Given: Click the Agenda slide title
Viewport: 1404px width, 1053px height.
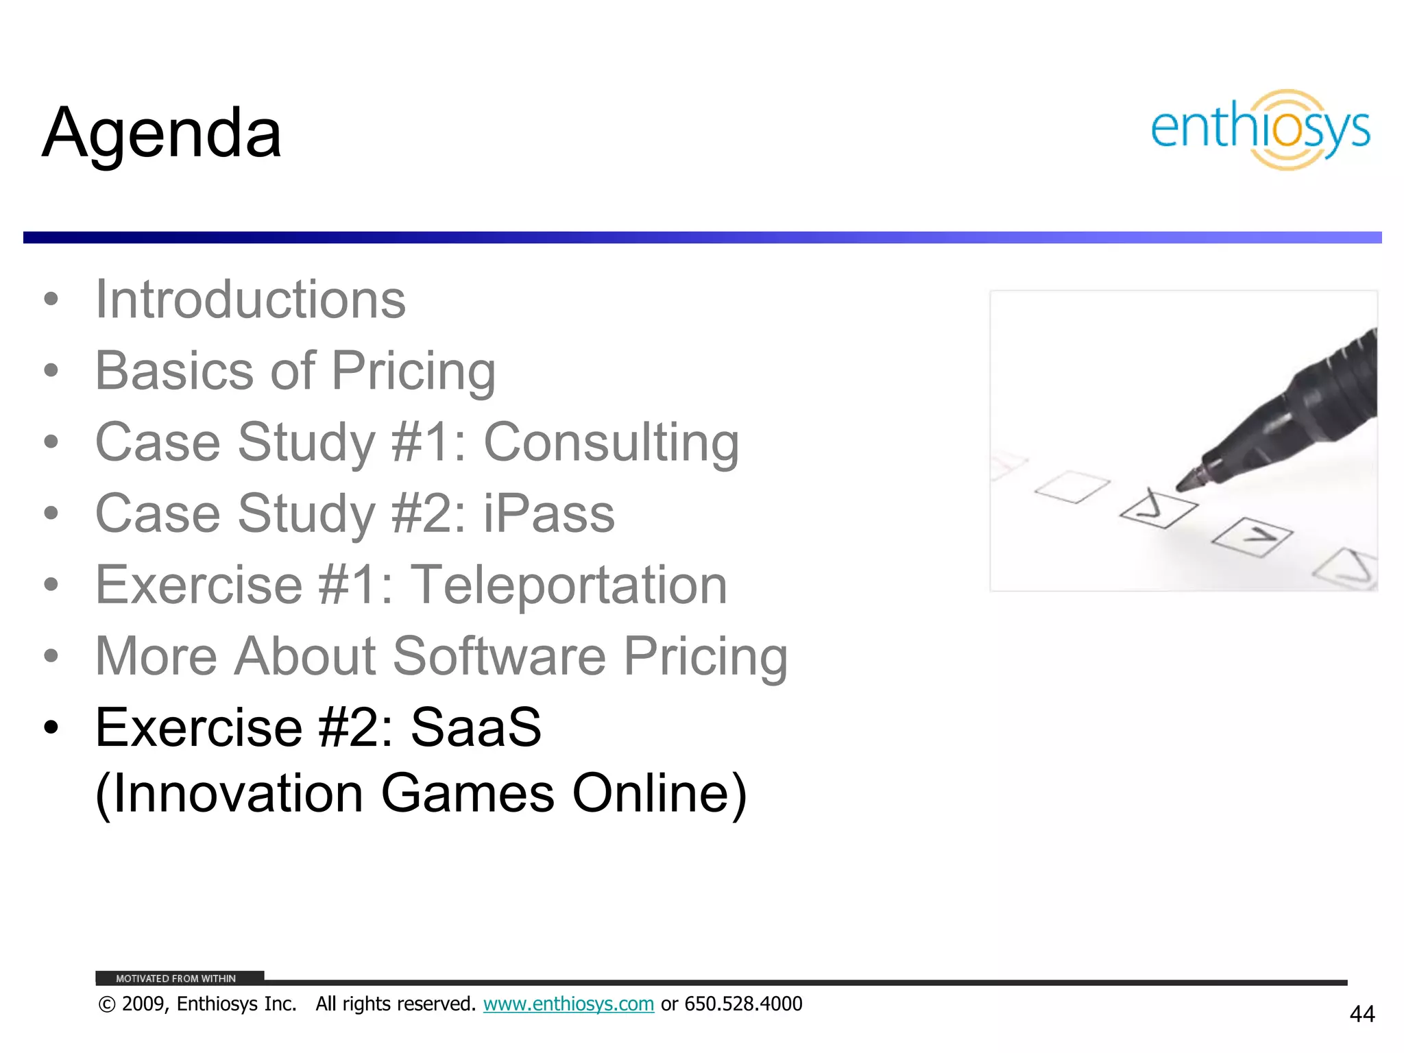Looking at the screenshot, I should tap(162, 133).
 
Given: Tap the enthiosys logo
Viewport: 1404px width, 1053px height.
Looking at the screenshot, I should tap(1260, 130).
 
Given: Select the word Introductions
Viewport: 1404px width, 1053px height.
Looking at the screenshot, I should tap(250, 300).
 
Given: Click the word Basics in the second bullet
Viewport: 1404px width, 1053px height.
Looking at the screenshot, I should tap(174, 371).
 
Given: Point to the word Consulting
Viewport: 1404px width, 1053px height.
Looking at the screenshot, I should tap(611, 442).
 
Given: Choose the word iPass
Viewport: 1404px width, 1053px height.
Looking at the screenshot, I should tap(548, 513).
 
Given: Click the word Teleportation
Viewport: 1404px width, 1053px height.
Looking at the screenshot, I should tap(568, 585).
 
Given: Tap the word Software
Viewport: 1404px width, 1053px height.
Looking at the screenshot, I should tap(498, 656).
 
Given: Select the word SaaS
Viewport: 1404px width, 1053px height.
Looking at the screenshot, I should tap(476, 727).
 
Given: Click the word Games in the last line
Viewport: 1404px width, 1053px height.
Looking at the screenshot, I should tap(467, 793).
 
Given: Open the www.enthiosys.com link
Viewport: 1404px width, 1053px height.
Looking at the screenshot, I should tap(568, 1004).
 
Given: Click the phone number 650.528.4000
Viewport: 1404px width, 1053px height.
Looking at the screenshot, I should tap(743, 1004).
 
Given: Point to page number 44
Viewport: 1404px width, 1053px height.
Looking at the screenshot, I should tap(1361, 1014).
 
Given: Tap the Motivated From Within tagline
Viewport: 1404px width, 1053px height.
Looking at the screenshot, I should tap(175, 978).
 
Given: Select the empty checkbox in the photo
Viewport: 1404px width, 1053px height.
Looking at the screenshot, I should tap(1072, 487).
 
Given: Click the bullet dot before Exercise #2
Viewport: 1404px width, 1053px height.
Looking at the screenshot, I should tap(51, 727).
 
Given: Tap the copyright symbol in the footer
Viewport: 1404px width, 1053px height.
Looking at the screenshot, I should tap(106, 1004).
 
